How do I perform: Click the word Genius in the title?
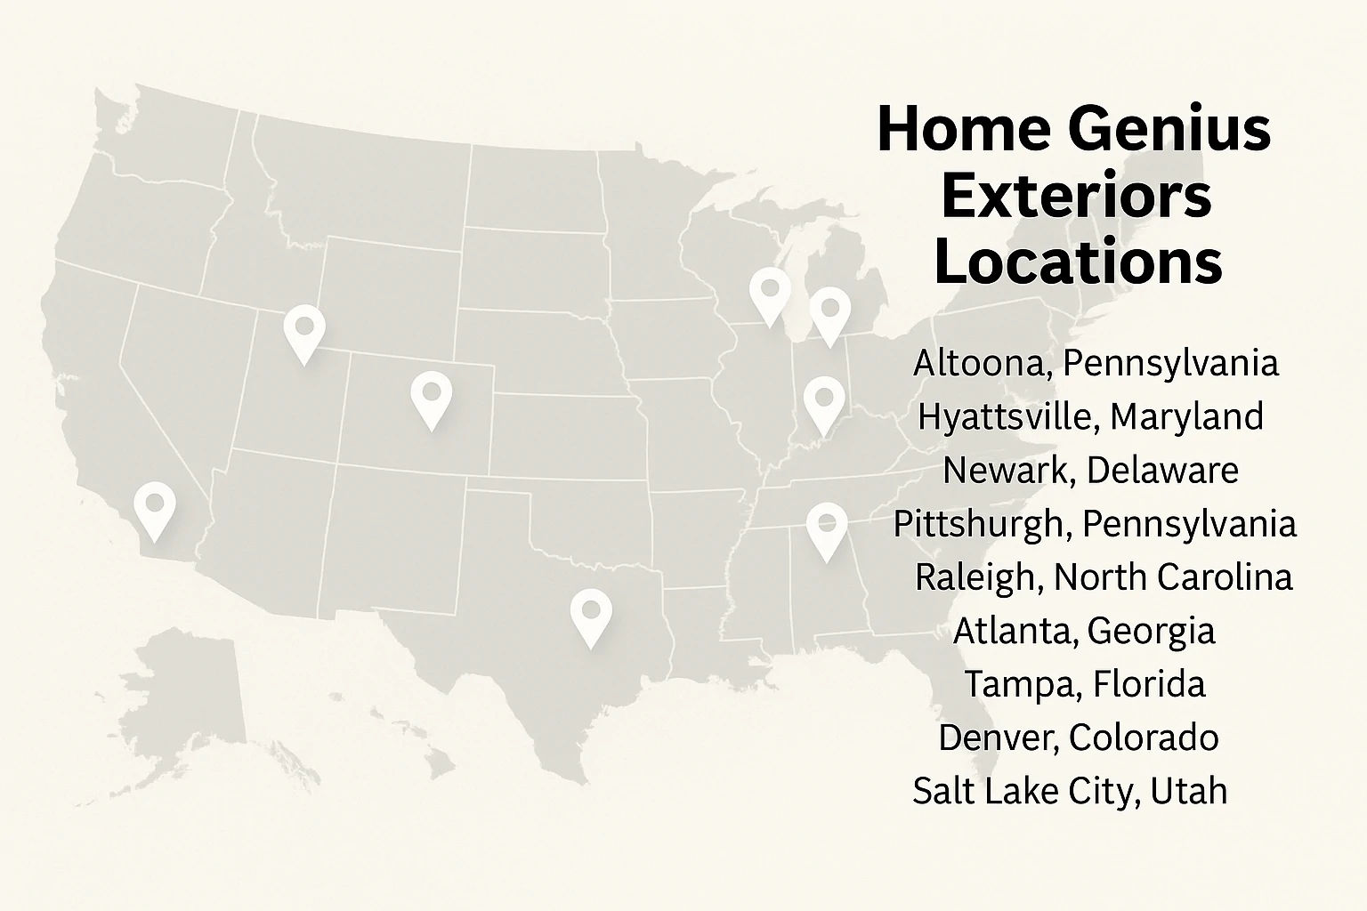click(x=1169, y=130)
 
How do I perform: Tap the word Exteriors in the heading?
click(x=1076, y=196)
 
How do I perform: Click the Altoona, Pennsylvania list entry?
click(x=1096, y=364)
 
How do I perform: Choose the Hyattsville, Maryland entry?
click(x=1090, y=417)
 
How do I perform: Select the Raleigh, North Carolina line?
click(x=1103, y=577)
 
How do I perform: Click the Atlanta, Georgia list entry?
click(x=1083, y=631)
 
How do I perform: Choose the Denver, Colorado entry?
click(x=1078, y=738)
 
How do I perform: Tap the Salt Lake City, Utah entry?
click(x=1070, y=791)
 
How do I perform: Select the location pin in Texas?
click(x=591, y=613)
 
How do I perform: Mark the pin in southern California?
click(x=155, y=506)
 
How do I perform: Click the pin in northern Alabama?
click(x=827, y=526)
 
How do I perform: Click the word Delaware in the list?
click(x=1162, y=470)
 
